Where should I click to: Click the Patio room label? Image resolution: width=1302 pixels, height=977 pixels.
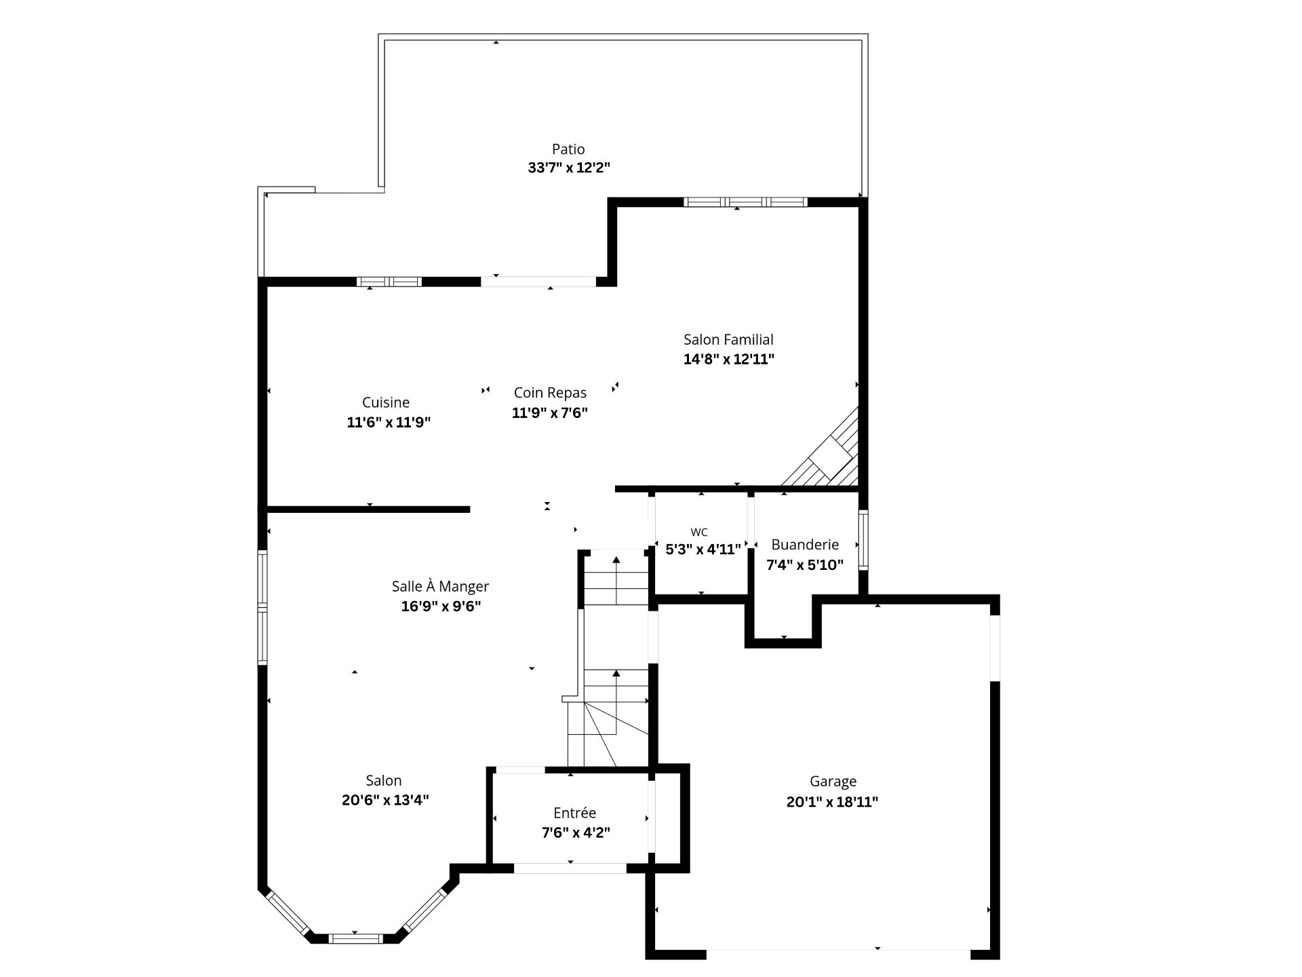point(568,149)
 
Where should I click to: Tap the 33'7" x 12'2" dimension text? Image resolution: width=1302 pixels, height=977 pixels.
point(569,168)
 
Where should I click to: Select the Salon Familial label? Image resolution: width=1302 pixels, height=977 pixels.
point(728,340)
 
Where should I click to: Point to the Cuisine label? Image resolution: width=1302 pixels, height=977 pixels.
point(386,402)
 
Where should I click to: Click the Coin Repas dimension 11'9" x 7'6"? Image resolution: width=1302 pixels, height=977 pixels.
point(549,413)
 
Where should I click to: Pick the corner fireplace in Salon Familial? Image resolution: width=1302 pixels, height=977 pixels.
point(827,451)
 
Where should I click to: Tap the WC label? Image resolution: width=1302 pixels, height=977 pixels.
point(698,533)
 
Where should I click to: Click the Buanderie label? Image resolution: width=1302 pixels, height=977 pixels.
point(805,545)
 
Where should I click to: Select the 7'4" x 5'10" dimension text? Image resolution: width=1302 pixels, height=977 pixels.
point(805,564)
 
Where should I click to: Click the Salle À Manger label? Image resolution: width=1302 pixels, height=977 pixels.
point(440,586)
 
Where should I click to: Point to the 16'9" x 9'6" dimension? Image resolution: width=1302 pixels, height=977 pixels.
point(441,607)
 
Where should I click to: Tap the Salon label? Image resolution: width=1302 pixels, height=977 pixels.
point(384,781)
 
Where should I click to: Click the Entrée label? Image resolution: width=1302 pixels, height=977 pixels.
point(574,813)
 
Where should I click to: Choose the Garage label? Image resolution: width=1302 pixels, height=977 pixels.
point(833,782)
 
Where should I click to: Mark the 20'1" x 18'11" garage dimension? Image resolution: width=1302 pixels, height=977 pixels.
point(832,802)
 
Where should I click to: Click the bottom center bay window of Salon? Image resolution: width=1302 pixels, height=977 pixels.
point(355,938)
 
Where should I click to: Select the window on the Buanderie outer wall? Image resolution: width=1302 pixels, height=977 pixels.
point(863,539)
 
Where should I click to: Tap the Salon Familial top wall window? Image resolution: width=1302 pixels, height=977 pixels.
point(745,202)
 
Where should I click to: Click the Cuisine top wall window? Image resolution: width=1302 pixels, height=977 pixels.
point(389,282)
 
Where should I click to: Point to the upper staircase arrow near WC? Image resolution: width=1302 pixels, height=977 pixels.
point(616,580)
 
